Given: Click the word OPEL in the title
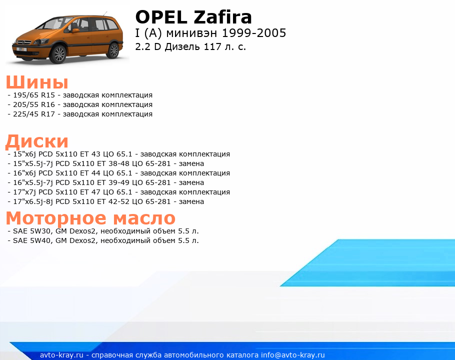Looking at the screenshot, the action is click(x=161, y=17).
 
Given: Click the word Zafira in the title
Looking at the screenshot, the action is click(x=222, y=17).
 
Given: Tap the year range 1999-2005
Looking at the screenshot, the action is click(x=254, y=33).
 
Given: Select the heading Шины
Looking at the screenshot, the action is click(x=37, y=82).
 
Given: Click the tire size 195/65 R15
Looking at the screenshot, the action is click(x=34, y=95).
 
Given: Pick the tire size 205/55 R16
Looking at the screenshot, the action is click(x=34, y=104).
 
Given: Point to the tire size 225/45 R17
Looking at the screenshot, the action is click(x=34, y=114).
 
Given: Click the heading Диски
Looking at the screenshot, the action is click(x=37, y=141).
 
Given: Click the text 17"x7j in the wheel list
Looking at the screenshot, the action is click(x=24, y=192).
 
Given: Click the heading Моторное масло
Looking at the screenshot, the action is click(x=90, y=218).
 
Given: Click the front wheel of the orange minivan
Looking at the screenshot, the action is click(x=58, y=54).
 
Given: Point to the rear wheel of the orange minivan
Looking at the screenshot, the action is click(x=113, y=50).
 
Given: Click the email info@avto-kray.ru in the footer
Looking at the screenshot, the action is click(x=293, y=355).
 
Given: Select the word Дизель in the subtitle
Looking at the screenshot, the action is click(x=183, y=46).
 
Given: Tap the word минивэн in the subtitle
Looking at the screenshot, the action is click(x=191, y=33).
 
